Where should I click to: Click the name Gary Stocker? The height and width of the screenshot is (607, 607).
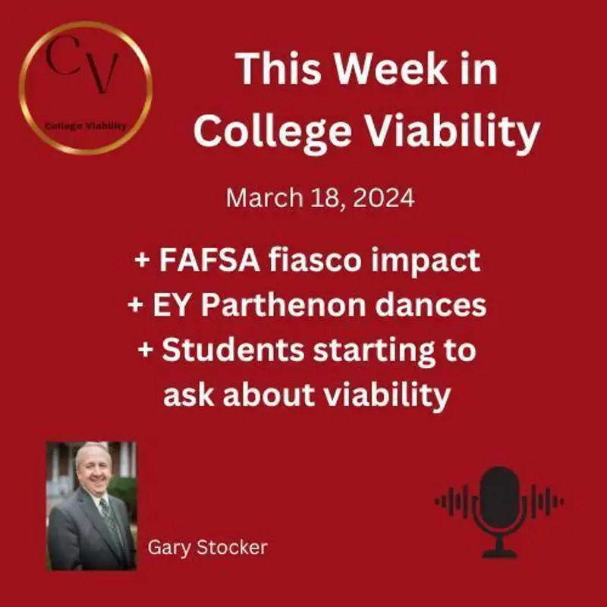click(207, 547)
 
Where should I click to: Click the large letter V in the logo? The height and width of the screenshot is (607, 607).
click(103, 74)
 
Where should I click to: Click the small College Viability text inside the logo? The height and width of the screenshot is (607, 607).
click(84, 126)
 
